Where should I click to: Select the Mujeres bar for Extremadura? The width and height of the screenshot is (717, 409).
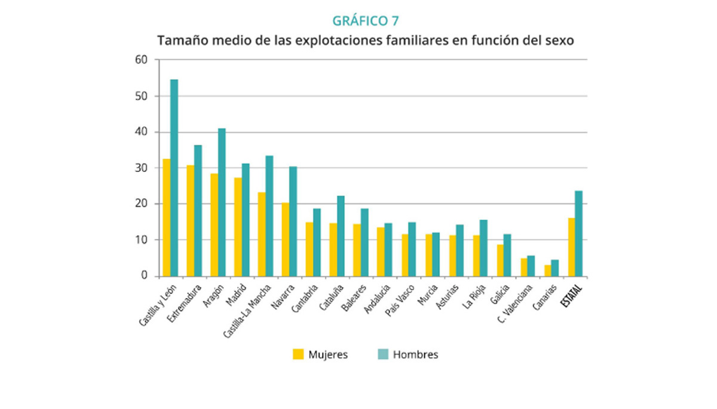(190, 221)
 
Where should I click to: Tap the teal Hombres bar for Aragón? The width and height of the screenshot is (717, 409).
(222, 202)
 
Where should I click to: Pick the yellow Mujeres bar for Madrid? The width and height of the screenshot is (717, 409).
(238, 227)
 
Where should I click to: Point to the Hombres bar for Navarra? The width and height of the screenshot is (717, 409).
(293, 222)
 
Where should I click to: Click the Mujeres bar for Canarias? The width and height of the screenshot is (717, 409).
(547, 270)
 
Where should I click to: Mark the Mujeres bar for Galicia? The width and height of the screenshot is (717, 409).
(500, 260)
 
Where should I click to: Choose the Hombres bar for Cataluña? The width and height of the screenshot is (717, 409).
(341, 236)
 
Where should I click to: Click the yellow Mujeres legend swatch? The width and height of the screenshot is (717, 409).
(298, 354)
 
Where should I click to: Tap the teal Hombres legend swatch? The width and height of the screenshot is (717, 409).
(383, 354)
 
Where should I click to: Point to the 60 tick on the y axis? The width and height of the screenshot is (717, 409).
(141, 60)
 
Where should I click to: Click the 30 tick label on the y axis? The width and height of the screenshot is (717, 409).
(141, 168)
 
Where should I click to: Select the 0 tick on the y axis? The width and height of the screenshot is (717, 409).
(144, 276)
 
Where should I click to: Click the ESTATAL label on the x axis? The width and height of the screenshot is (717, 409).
(573, 296)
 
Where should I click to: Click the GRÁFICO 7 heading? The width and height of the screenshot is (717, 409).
(365, 21)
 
